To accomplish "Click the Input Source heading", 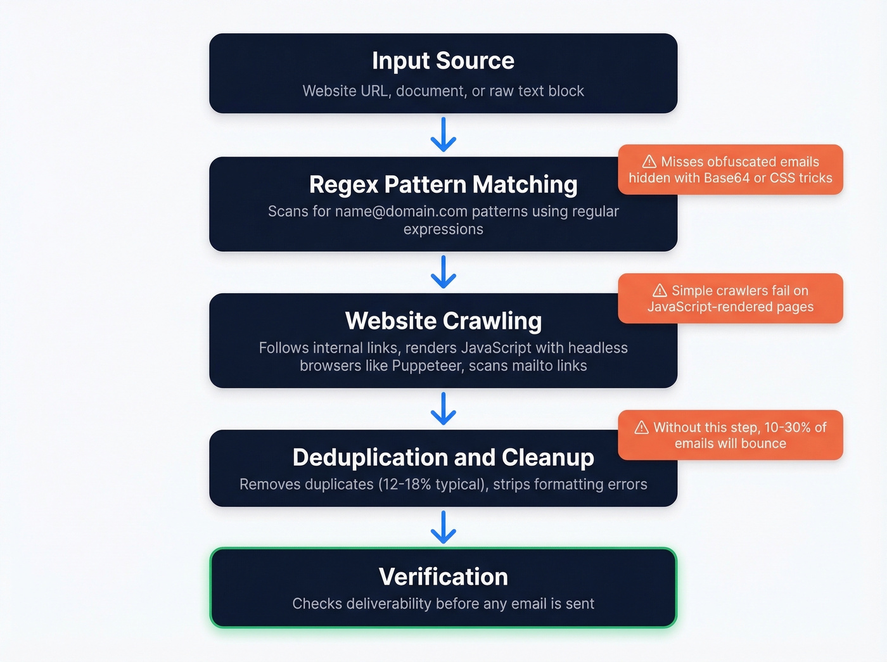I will [x=443, y=61].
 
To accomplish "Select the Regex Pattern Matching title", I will [x=443, y=184].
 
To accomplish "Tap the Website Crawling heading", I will [x=443, y=321].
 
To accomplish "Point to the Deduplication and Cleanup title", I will [x=443, y=457].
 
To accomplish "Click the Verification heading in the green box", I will [x=443, y=577].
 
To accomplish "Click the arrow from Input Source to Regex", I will [x=443, y=134].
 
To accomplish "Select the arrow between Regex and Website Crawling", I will [x=443, y=272].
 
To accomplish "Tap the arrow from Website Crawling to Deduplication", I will [x=443, y=409].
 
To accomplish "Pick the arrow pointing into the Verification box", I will [x=443, y=527].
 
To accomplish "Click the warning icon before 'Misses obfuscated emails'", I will [x=649, y=162].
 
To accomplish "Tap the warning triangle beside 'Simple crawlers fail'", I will [x=660, y=291].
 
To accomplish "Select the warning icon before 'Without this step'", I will [x=642, y=428].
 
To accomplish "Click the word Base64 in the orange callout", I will [x=727, y=178].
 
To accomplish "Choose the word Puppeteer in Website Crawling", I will [x=428, y=366].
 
